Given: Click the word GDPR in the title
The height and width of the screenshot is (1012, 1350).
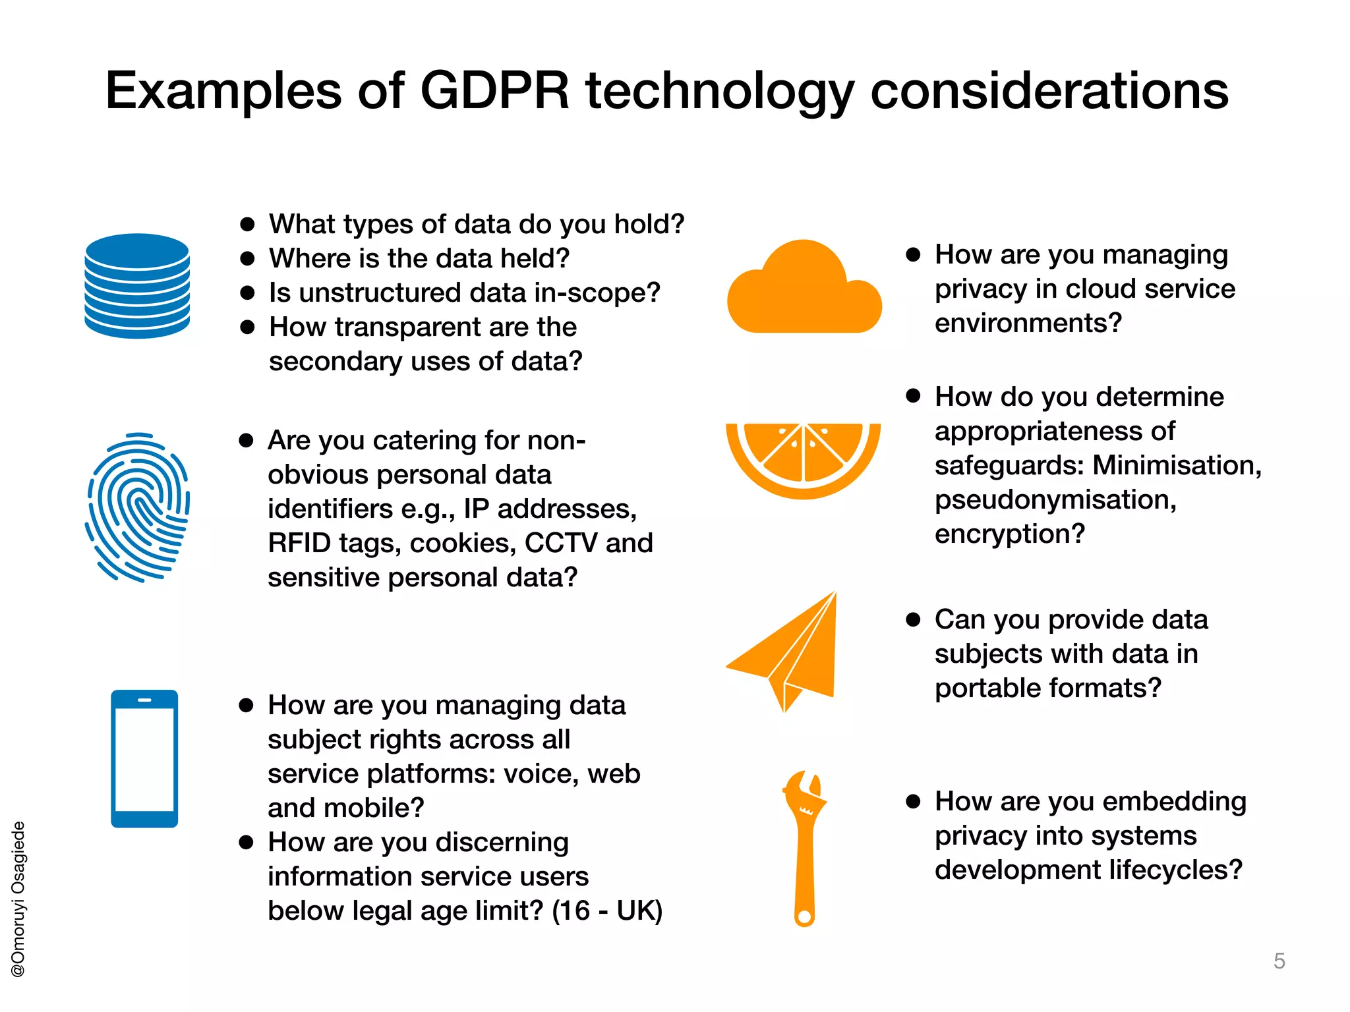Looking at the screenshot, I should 494,90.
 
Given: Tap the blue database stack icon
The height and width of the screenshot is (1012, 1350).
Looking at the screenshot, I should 137,286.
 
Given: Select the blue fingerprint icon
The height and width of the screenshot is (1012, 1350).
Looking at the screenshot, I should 138,507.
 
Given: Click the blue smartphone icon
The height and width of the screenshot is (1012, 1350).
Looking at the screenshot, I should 144,758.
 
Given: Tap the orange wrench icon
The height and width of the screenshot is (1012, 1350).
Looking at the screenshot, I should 805,847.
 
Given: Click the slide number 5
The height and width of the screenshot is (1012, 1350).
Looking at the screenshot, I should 1279,961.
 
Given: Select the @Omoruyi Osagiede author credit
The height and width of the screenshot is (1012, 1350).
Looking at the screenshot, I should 18,899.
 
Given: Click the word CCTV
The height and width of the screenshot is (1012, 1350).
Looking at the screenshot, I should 561,543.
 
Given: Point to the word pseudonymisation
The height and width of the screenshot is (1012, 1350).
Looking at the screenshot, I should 1055,500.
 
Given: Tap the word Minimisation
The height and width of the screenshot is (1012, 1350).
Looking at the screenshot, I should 1177,465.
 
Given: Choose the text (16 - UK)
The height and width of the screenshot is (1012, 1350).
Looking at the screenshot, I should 606,911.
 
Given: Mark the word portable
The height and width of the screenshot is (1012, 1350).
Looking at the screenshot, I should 988,688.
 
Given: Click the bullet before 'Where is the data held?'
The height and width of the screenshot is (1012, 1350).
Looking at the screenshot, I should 247,259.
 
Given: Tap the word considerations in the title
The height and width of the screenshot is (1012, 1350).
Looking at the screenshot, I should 1049,90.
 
